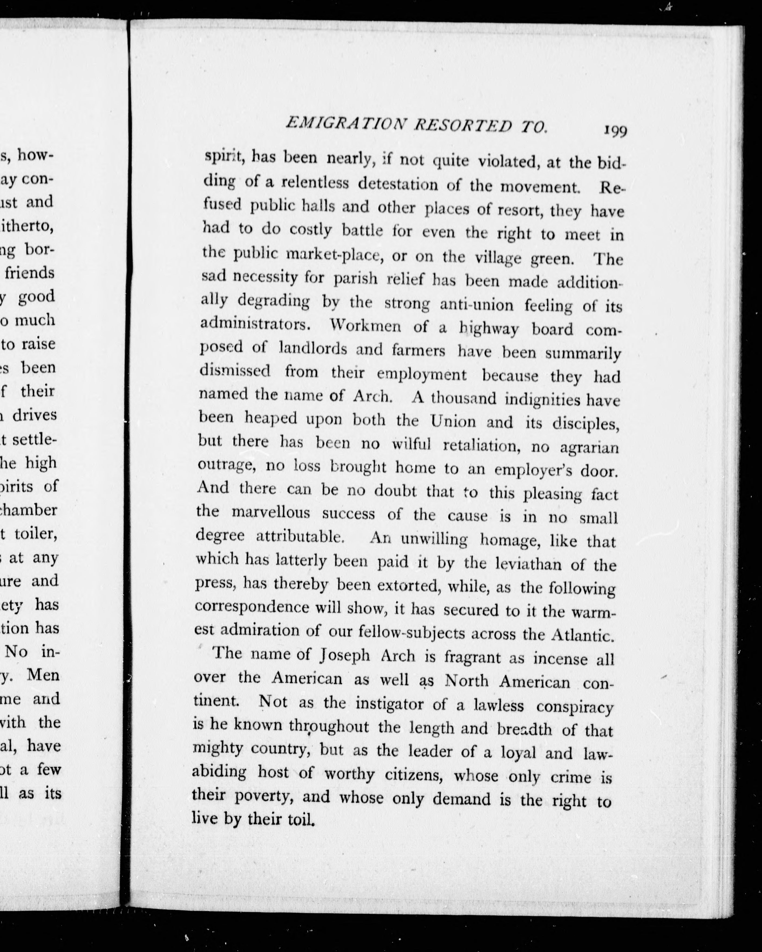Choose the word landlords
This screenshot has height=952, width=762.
pos(313,349)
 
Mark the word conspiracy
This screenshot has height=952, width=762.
pos(574,707)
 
